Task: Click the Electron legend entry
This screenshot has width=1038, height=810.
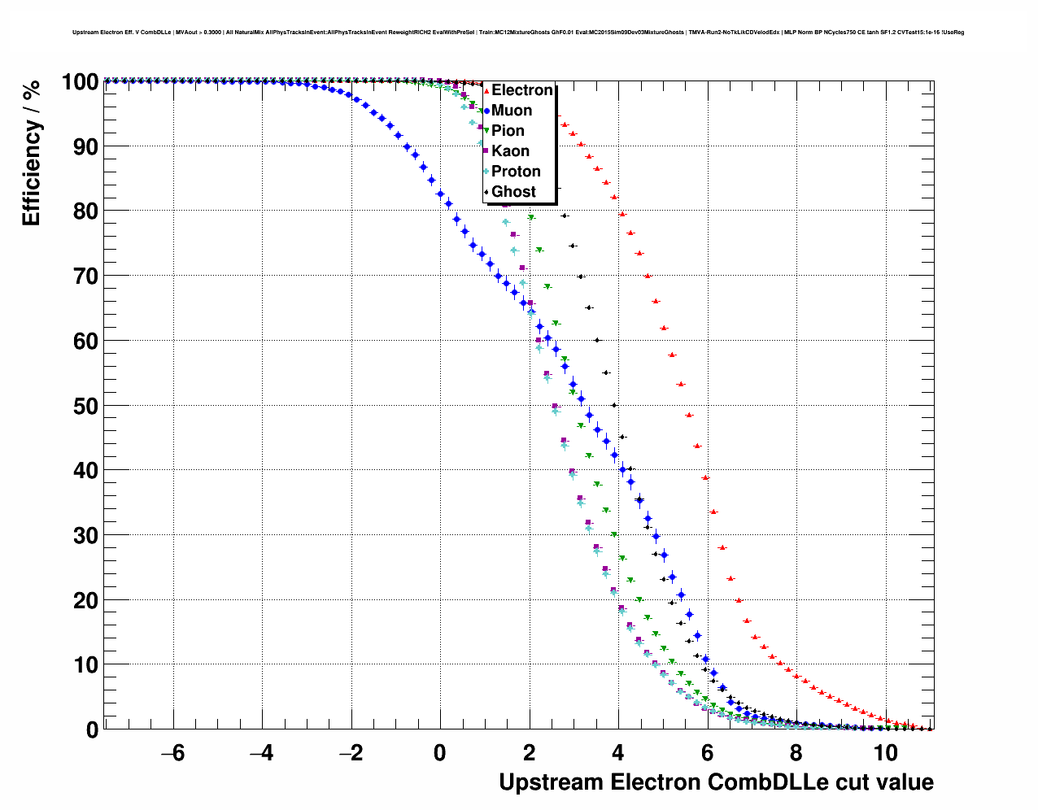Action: [521, 90]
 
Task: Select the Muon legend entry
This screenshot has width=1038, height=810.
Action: [512, 111]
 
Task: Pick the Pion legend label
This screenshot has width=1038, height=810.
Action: [508, 131]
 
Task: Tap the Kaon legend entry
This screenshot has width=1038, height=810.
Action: [510, 151]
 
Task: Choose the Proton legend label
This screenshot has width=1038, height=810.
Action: [516, 172]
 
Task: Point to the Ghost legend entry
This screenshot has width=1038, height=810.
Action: [513, 192]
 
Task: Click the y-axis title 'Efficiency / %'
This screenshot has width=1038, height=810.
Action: [31, 153]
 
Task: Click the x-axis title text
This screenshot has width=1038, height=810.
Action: [716, 782]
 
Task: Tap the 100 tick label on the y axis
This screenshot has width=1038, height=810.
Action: [80, 82]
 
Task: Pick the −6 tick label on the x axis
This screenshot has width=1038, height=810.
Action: [172, 753]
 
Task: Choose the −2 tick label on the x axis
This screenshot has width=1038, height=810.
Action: [351, 753]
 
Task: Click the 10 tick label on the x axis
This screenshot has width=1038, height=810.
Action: [886, 753]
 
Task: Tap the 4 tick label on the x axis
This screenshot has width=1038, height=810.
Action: [618, 753]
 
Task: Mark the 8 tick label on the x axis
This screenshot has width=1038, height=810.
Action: [796, 753]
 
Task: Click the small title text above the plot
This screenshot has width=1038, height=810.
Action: [518, 33]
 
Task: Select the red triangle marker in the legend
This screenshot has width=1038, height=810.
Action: [486, 91]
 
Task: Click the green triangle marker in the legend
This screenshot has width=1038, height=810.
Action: [486, 131]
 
